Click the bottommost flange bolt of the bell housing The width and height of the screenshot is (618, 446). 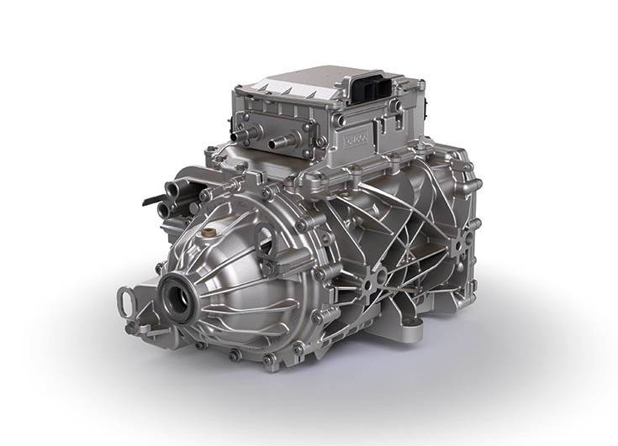[x=268, y=361]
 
